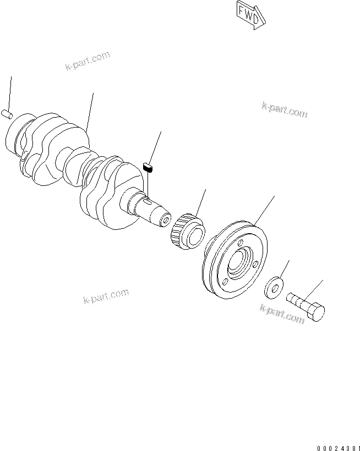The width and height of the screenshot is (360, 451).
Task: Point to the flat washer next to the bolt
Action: [273, 287]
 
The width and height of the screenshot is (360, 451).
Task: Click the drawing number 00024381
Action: [337, 447]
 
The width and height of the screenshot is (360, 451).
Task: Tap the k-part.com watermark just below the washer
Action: [282, 314]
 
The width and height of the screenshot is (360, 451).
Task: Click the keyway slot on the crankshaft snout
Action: [149, 201]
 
